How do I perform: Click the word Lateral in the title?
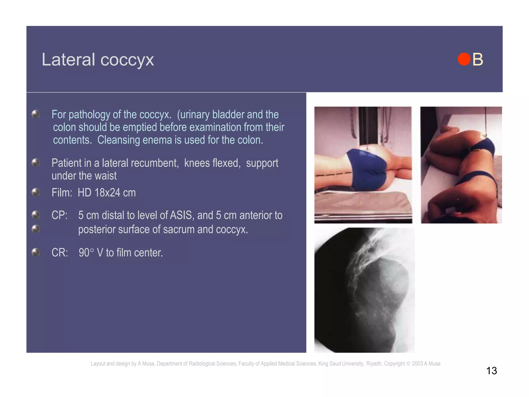point(68,59)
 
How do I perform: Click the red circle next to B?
point(464,59)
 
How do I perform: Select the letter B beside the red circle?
point(478,59)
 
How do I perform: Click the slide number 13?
point(491,371)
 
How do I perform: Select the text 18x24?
point(107,193)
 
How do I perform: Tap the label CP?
point(59,215)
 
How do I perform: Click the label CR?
point(60,253)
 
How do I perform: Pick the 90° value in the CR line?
point(86,253)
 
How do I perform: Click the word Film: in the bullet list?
point(62,193)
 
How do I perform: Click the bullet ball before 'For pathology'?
point(36,114)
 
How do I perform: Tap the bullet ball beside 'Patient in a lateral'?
point(36,163)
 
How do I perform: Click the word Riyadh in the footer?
point(374,363)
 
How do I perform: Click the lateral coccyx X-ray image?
point(364,290)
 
